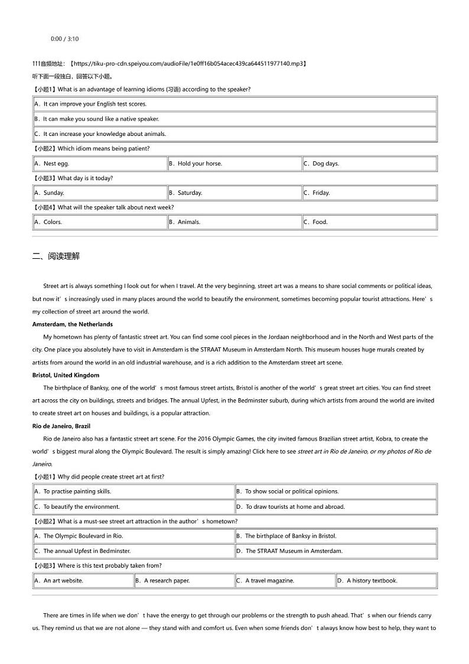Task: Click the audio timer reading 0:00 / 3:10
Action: (64, 39)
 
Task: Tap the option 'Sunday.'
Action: (54, 193)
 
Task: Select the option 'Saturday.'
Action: (190, 193)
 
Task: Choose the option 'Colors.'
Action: (53, 222)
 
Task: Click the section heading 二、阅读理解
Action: (56, 256)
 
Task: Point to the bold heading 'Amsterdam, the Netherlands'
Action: (72, 324)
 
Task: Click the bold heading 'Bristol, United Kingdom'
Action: (66, 375)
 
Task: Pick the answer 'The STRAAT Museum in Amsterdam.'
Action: (294, 551)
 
